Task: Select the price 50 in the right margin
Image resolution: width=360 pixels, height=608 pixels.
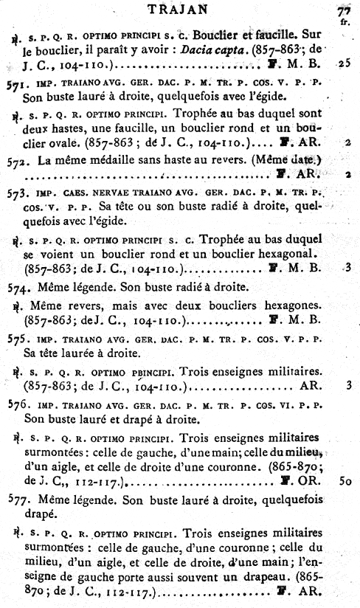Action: click(345, 481)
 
